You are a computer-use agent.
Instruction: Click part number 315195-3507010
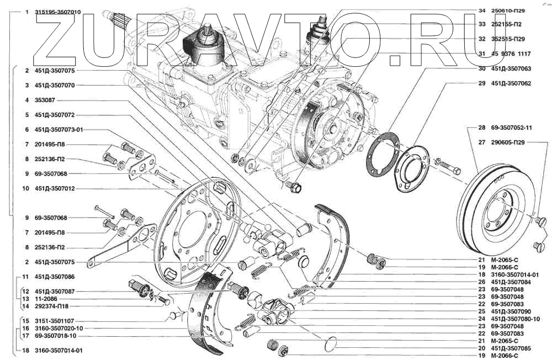pyautogui.click(x=57, y=12)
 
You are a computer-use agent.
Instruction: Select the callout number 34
pyautogui.click(x=481, y=10)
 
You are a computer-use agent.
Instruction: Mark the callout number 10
pyautogui.click(x=25, y=188)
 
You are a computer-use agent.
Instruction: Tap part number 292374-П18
pyautogui.click(x=54, y=306)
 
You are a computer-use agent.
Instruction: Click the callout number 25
pyautogui.click(x=481, y=311)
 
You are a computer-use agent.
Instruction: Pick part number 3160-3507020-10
pyautogui.click(x=59, y=328)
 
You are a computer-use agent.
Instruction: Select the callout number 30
pyautogui.click(x=481, y=69)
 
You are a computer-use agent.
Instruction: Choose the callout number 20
pyautogui.click(x=481, y=348)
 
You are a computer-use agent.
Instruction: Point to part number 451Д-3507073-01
pyautogui.click(x=59, y=130)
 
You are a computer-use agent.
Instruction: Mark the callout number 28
pyautogui.click(x=481, y=128)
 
